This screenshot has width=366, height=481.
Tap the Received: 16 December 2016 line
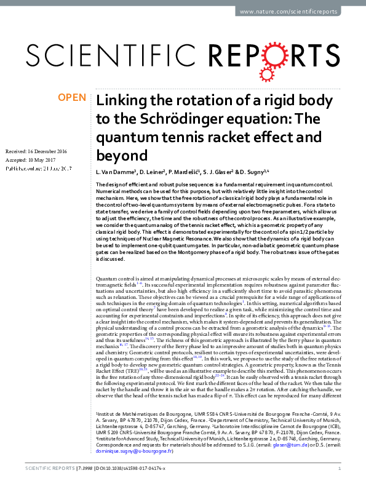[x=36, y=151]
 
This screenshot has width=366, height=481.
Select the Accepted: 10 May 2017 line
[x=30, y=160]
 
